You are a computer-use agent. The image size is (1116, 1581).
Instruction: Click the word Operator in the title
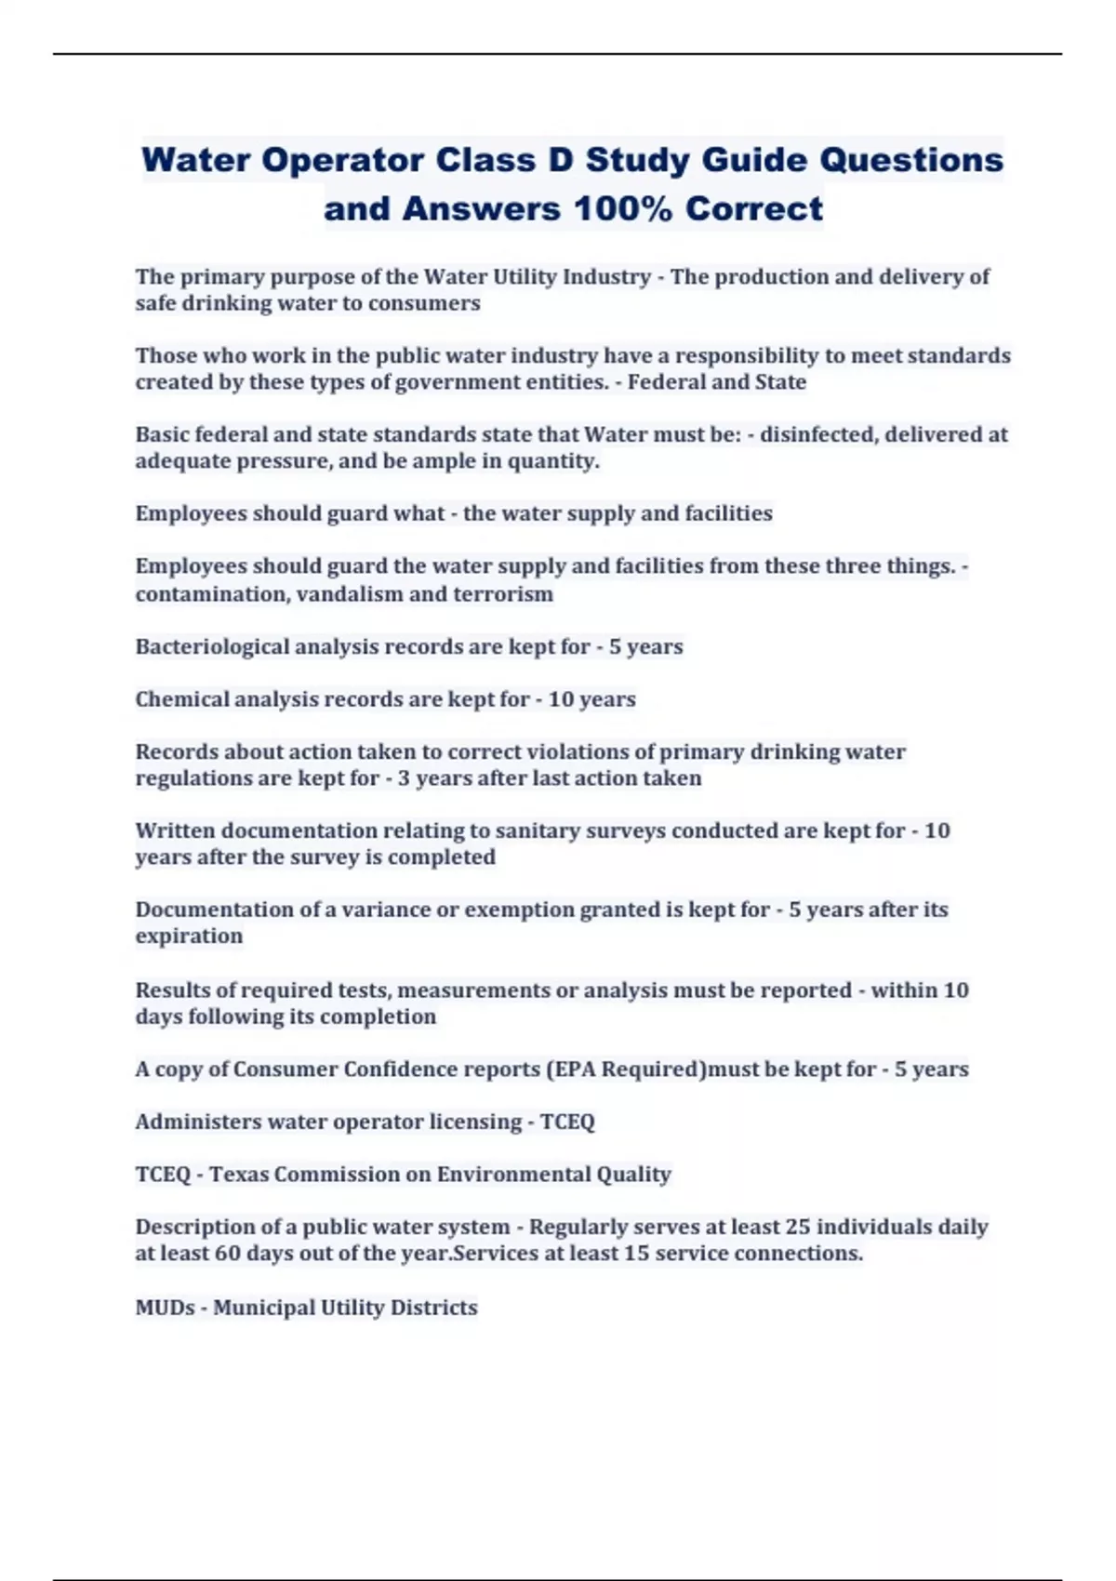tap(340, 160)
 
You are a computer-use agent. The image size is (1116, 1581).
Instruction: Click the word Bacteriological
tap(212, 646)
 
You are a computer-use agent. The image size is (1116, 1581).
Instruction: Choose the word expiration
tap(189, 937)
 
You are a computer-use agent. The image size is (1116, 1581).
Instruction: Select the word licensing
tap(475, 1122)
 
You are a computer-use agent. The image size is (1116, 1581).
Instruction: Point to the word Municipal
tap(263, 1308)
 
